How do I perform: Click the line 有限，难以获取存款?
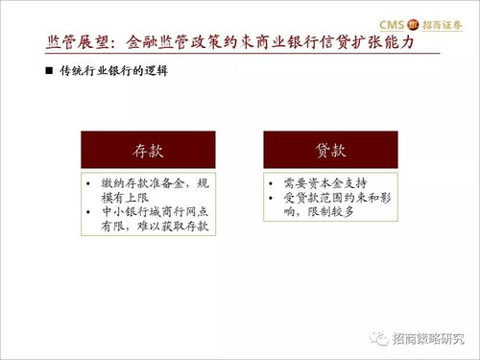click(154, 228)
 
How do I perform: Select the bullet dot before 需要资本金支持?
click(272, 182)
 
